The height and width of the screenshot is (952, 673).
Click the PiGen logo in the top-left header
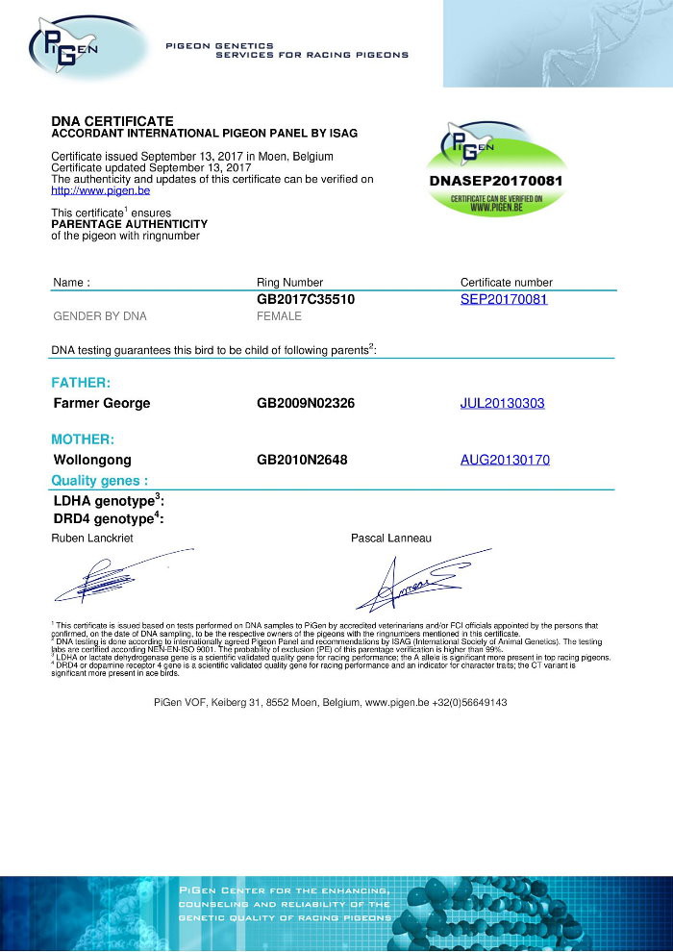coord(67,44)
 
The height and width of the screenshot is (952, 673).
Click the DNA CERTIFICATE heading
coord(112,120)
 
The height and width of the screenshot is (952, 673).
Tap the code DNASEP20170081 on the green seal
coord(496,180)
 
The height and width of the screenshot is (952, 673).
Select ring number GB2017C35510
coord(306,299)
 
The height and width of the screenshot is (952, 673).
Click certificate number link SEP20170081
coord(504,299)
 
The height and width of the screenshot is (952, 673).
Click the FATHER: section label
coord(81,383)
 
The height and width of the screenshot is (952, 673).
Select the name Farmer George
coord(102,403)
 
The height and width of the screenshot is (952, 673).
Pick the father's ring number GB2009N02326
coord(306,403)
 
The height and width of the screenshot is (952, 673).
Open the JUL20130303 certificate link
coord(503,403)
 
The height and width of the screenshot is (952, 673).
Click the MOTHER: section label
coord(83,439)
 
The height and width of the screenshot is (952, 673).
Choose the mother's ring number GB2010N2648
coord(302,460)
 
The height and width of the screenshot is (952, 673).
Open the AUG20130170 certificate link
coord(505,460)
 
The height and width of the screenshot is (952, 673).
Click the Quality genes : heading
coord(100,480)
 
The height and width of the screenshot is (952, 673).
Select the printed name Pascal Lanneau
coord(391,538)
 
